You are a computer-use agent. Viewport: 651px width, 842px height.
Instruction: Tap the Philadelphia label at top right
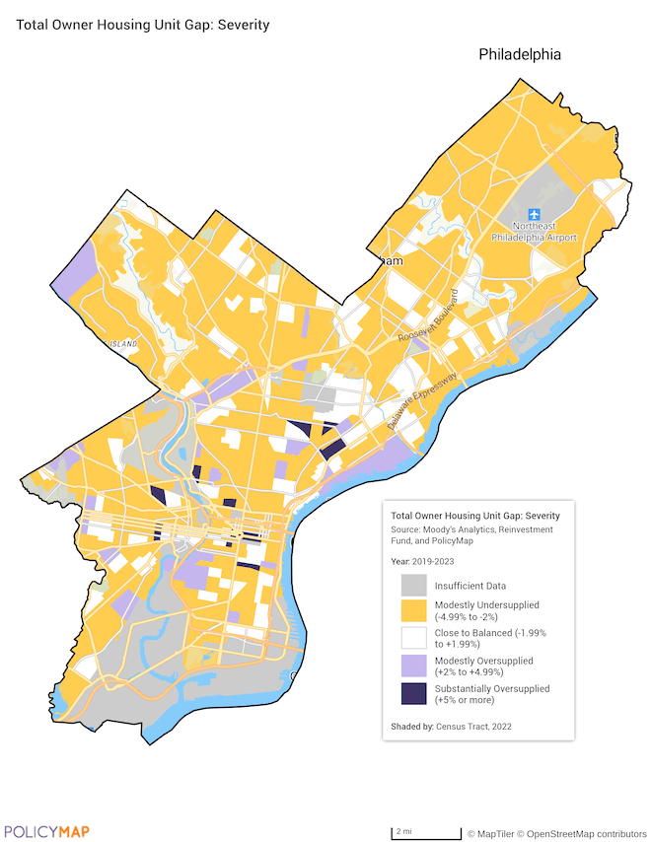(520, 55)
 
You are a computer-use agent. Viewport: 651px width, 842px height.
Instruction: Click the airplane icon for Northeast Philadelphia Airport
(535, 214)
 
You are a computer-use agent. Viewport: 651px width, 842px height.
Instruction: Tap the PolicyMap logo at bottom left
(46, 831)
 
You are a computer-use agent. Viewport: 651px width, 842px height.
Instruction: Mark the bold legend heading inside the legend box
(474, 516)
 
